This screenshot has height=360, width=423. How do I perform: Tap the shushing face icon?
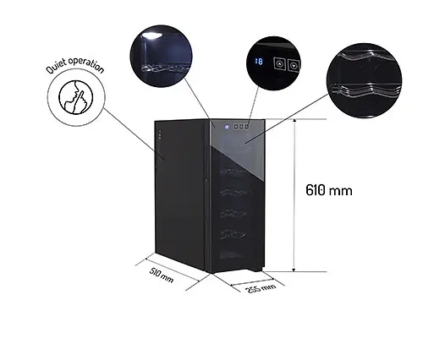(75, 97)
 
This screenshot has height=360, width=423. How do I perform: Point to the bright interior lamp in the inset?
(152, 35)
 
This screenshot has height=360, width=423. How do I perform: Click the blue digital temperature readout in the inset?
(259, 61)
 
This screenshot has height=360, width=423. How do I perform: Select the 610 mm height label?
(329, 190)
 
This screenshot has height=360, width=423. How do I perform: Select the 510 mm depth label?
(161, 275)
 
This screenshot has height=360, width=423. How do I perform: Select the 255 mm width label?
(261, 288)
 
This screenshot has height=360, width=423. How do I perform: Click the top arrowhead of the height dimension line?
(294, 122)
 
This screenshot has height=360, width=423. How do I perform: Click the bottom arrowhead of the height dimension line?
(294, 270)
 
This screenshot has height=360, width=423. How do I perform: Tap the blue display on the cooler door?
(227, 127)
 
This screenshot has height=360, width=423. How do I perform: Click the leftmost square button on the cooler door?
(236, 127)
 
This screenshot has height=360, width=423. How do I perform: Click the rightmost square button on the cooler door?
(247, 127)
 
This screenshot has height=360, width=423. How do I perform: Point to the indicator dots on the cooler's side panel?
(160, 134)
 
